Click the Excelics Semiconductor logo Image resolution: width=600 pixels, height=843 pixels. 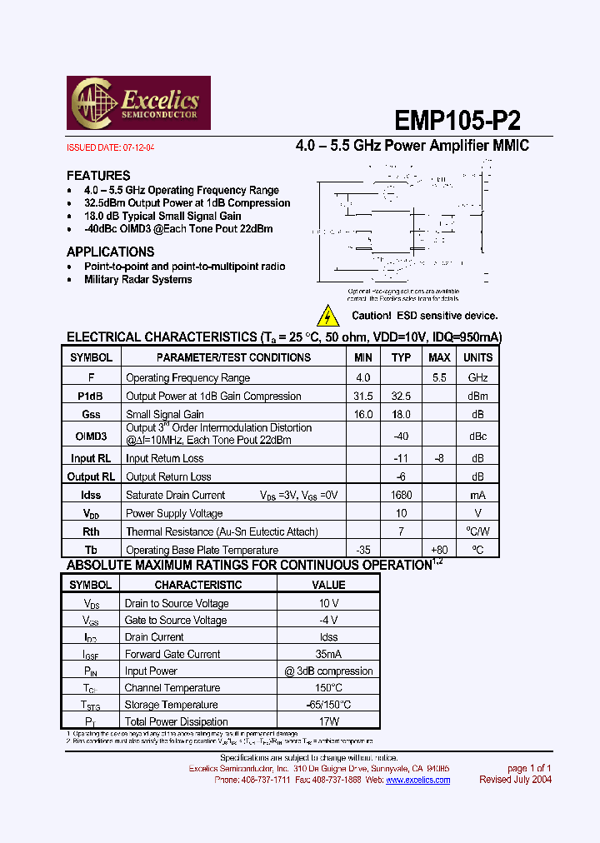tap(138, 102)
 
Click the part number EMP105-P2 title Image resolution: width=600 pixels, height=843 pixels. tap(457, 121)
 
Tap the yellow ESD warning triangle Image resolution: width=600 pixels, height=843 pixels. tap(329, 317)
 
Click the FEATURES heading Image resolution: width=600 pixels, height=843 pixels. tap(98, 176)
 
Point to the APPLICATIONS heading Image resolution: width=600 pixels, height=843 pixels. tap(110, 252)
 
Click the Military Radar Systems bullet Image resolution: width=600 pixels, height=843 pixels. tap(138, 280)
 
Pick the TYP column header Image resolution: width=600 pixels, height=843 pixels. tap(402, 357)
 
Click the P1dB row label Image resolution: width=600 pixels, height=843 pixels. tap(91, 397)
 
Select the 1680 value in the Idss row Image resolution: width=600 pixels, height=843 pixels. tap(402, 495)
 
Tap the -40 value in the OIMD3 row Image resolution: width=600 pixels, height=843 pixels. tap(402, 436)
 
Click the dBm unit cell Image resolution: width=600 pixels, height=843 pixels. tap(477, 397)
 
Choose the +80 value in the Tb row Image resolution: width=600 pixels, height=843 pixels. tap(439, 550)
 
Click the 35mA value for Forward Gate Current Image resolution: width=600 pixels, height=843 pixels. tap(328, 654)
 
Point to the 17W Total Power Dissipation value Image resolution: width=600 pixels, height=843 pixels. tap(328, 721)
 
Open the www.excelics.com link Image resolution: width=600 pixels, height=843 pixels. tap(417, 780)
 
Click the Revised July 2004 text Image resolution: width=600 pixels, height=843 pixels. tap(515, 780)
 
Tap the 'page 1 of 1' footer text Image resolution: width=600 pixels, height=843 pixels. tap(529, 768)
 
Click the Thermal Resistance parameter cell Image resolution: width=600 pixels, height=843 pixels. tap(222, 531)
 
